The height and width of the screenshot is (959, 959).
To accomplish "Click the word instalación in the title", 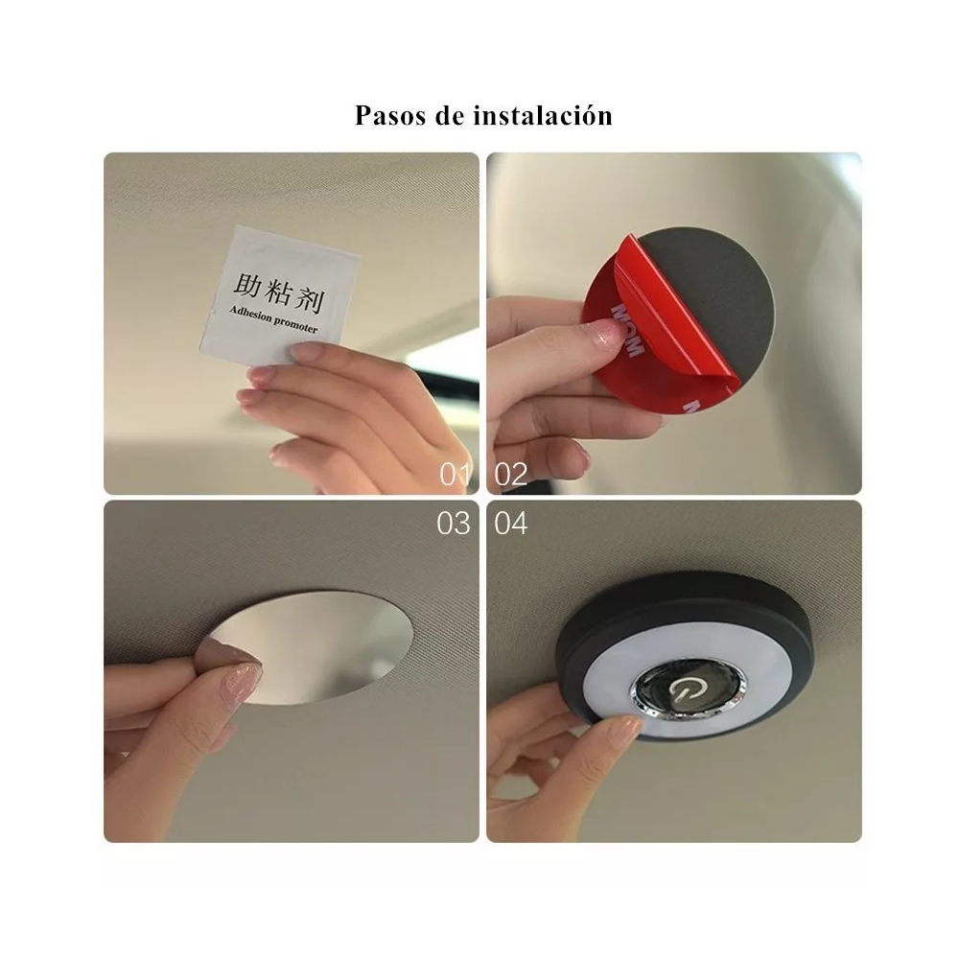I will (x=543, y=116).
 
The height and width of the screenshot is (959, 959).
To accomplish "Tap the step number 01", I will (x=456, y=474).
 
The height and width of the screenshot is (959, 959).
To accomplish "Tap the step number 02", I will (x=511, y=474).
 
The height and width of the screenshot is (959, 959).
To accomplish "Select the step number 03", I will (x=454, y=524).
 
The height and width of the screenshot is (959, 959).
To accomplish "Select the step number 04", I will (x=511, y=524).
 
